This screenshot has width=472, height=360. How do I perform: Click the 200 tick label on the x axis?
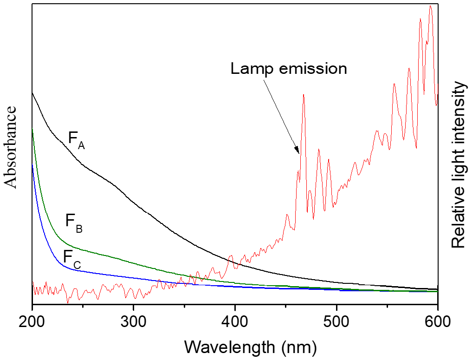pos(32,321)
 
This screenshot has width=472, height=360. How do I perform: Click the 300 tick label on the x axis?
pos(133,321)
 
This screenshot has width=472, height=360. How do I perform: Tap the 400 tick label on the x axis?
pos(235,321)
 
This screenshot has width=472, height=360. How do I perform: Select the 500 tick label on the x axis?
pos(336,321)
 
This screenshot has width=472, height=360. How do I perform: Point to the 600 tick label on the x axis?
pos(438,321)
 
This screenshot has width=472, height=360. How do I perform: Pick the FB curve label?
pos(74,222)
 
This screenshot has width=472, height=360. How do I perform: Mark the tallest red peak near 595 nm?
pos(431,7)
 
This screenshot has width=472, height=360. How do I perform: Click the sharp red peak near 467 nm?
pos(303,95)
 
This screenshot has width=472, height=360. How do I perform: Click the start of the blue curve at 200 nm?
pos(32,165)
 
